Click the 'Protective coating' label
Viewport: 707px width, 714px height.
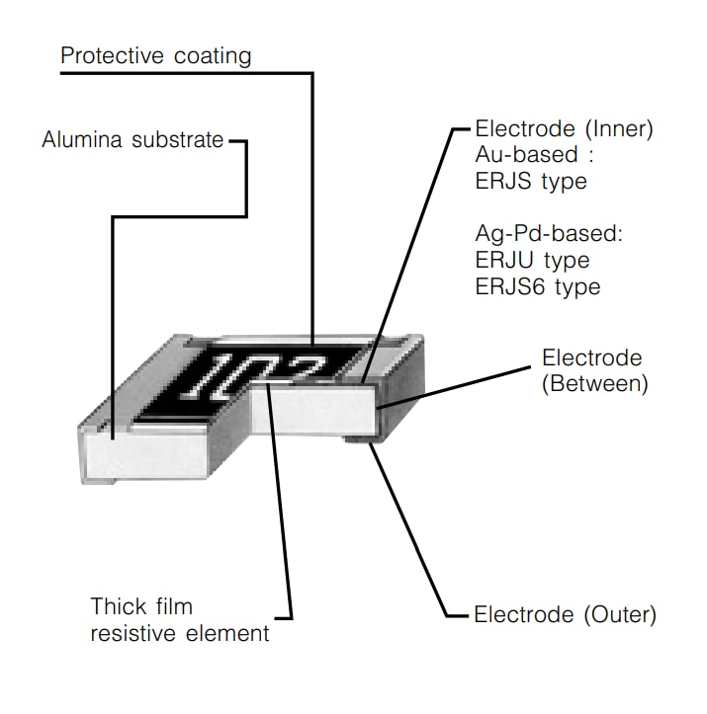click(x=156, y=55)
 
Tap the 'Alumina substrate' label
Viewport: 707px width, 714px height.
click(x=133, y=140)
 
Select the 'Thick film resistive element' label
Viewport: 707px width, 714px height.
click(x=179, y=619)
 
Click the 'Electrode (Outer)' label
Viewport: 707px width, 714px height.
click(x=565, y=614)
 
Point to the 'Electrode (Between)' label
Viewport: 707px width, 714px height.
click(x=594, y=370)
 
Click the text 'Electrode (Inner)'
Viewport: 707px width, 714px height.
click(x=565, y=129)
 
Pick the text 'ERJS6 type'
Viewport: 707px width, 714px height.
click(x=537, y=286)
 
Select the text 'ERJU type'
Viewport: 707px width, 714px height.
click(x=532, y=261)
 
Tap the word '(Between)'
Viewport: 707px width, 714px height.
click(x=594, y=383)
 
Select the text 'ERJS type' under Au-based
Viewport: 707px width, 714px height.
click(x=531, y=181)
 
